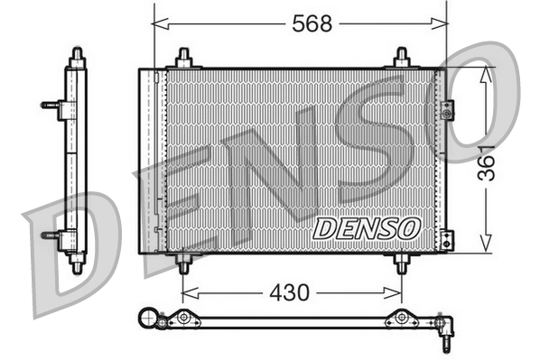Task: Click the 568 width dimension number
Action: tap(311, 24)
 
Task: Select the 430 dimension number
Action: tap(289, 291)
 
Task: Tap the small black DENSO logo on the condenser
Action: tap(367, 227)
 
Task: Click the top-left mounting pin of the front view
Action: tap(184, 59)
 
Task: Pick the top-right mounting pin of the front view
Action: tap(403, 59)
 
